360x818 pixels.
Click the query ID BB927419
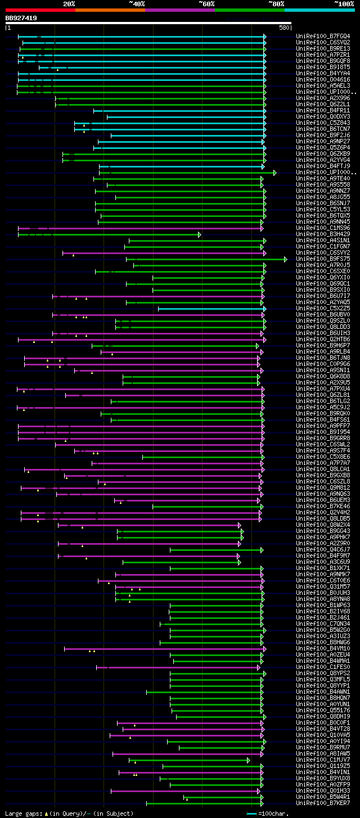coord(21,18)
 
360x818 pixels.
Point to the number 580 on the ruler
coord(284,27)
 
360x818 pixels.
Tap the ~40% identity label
coord(137,3)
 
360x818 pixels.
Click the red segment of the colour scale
coord(40,10)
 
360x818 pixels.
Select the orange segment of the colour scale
coord(110,10)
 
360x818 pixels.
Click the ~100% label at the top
coord(344,3)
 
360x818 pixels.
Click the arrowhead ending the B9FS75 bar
coord(286,259)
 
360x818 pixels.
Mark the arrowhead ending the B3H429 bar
coord(200,234)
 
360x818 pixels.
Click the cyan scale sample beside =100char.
coord(251,814)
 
